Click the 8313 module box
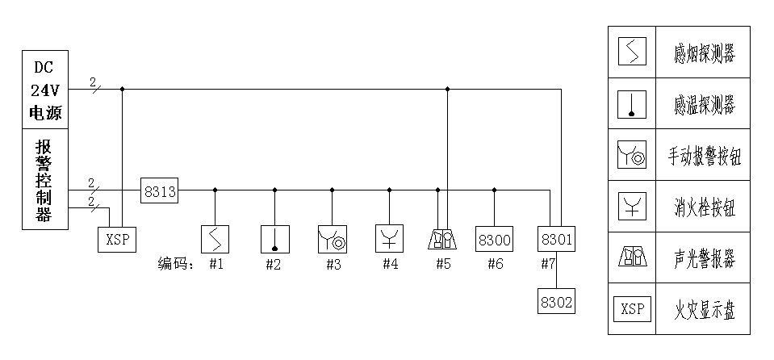159,191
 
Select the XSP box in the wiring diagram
117,240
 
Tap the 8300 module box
494,240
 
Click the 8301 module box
556,240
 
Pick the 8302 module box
556,303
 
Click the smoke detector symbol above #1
215,240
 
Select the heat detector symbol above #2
275,240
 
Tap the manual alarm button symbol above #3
333,240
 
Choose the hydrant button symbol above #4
390,240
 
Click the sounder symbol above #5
442,240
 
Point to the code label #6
495,265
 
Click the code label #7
547,265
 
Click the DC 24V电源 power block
45,90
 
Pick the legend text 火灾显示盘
704,309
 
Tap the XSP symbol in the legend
633,309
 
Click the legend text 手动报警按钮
704,156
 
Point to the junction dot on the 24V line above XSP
122,89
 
